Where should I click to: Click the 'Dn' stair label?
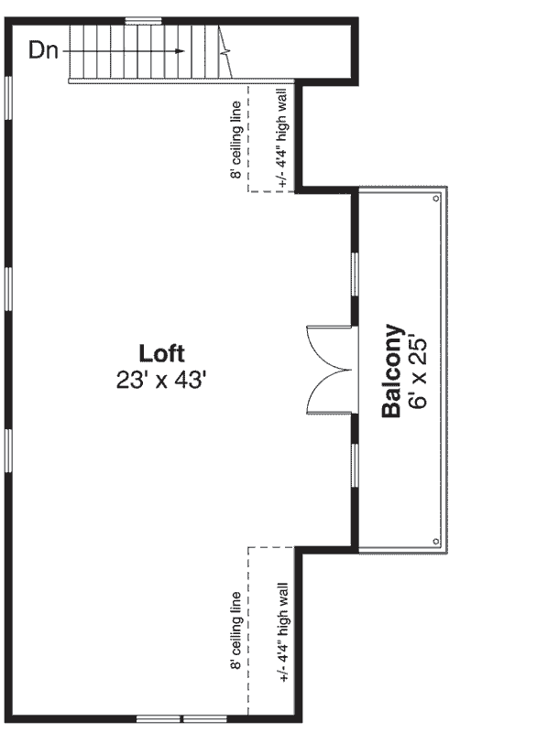tap(42, 50)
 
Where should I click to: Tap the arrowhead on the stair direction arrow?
tap(179, 50)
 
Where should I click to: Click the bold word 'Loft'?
tap(161, 353)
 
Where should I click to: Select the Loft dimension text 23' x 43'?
tap(161, 381)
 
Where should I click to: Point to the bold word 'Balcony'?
tap(392, 371)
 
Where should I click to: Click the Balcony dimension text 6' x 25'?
tap(421, 371)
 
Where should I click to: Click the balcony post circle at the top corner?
tap(437, 197)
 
